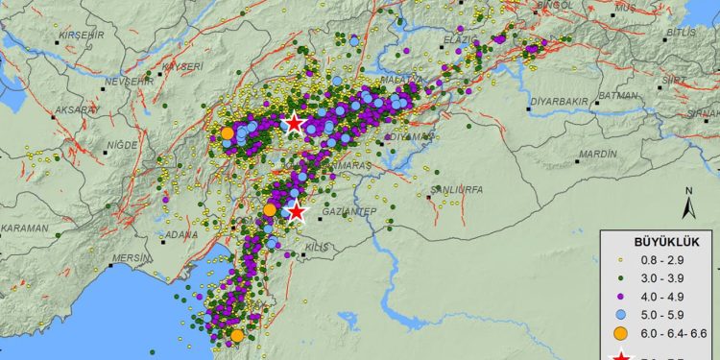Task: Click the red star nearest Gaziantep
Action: pos(297,211)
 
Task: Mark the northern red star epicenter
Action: pos(294,123)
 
